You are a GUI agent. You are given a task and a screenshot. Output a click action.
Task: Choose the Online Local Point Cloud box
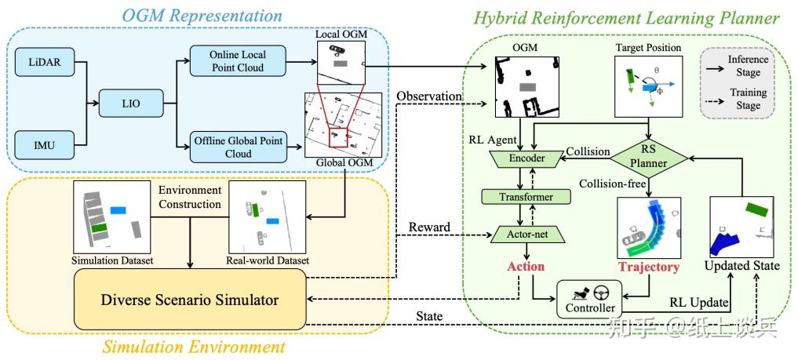pos(237,60)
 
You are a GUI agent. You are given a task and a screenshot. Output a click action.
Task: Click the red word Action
pos(526,267)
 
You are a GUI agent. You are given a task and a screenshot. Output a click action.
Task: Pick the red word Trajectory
pos(648,267)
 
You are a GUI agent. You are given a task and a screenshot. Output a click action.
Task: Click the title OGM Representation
pos(202,14)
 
